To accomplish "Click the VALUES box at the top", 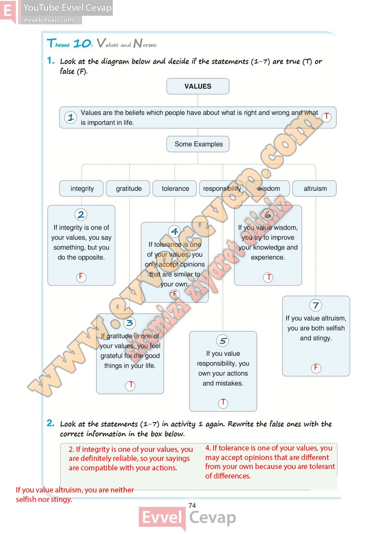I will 198,86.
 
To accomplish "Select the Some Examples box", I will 199,144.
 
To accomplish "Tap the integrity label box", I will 82,189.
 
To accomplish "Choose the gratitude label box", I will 129,189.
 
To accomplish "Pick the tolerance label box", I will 175,189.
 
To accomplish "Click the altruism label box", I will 315,189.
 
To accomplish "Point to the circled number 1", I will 70,118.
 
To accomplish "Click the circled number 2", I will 81,215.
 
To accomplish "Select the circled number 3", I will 130,323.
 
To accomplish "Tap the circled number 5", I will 222,341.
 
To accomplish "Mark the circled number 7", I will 316,305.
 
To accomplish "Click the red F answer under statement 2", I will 81,277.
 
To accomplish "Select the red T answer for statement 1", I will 327,117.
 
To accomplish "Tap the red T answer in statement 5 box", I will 223,403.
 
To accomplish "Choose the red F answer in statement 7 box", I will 316,368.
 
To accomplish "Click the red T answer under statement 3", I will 130,386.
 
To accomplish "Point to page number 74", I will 192,506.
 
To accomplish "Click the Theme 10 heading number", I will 82,44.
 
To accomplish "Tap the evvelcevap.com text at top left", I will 48,20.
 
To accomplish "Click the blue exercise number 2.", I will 51,423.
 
